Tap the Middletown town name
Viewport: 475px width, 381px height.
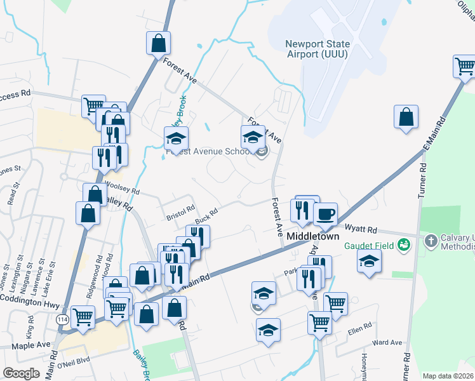click(314, 236)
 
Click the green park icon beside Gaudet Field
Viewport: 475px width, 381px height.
click(403, 244)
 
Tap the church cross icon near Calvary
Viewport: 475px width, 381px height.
click(431, 241)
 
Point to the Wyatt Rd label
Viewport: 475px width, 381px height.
click(361, 229)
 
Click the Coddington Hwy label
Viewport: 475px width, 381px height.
click(30, 297)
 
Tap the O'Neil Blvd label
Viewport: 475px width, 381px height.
click(74, 364)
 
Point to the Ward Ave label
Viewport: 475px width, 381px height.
click(388, 342)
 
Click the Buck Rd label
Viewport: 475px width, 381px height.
click(206, 216)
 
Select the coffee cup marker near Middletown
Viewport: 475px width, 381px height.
click(326, 215)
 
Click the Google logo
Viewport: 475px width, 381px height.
click(22, 373)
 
